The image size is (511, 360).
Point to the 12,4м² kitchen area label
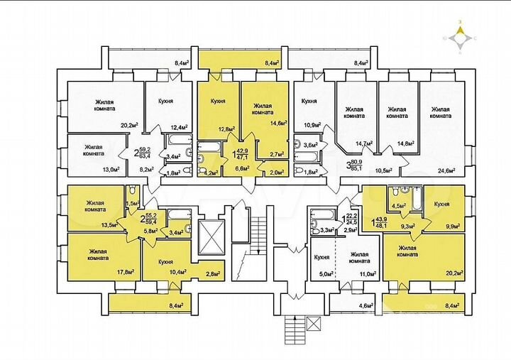180,128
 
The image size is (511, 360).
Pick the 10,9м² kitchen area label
311,125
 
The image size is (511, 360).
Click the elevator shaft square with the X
212,238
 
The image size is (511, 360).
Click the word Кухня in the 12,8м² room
218,101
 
